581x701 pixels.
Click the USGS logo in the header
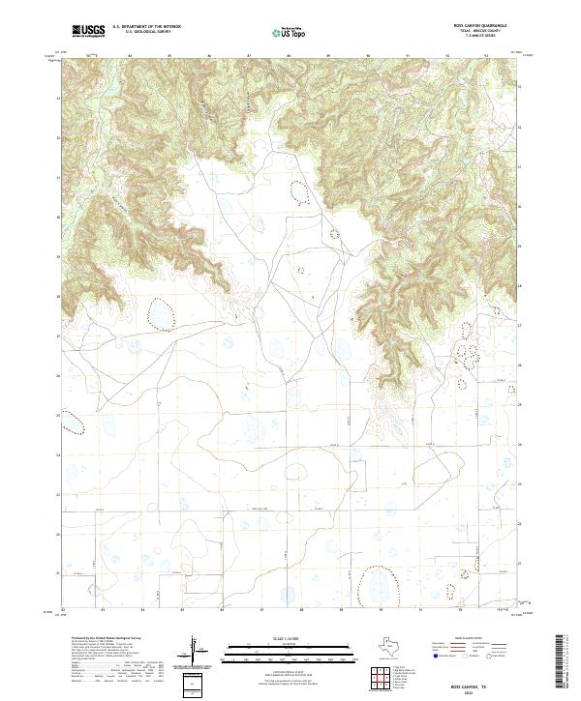89,32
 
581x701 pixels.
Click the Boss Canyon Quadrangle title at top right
479,26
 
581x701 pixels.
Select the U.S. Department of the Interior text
146,28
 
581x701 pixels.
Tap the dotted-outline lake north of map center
301,193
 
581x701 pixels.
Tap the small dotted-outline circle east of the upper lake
336,233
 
